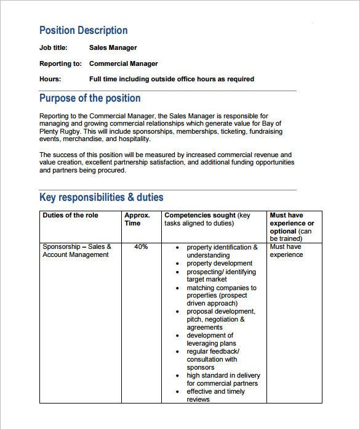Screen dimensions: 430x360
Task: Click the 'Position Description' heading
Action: (83, 30)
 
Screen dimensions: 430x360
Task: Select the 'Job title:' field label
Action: (54, 47)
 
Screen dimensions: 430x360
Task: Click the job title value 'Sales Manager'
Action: (113, 47)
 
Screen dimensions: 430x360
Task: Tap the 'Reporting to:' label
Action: (60, 63)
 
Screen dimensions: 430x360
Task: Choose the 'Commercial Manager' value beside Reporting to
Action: (123, 63)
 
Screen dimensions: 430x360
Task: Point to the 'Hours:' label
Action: (50, 79)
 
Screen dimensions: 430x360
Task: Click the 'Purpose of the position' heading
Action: (90, 98)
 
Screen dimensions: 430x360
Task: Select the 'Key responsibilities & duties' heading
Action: (102, 197)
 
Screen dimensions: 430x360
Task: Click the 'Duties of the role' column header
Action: (70, 216)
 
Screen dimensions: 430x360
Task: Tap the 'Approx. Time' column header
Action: (137, 219)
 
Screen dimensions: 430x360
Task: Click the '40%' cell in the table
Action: (141, 247)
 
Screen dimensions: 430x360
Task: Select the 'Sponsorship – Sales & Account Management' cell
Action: (76, 251)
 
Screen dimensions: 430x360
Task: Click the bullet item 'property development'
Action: (220, 263)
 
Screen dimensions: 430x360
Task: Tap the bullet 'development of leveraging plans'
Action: (214, 339)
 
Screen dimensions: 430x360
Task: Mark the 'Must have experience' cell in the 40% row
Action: (286, 251)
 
